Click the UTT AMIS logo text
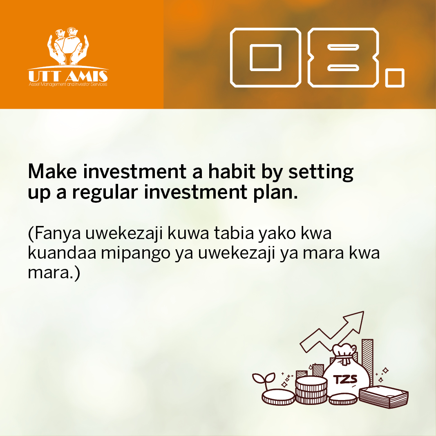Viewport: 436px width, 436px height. click(x=68, y=76)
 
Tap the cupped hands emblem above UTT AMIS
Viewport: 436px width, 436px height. click(x=67, y=46)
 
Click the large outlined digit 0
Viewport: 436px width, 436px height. click(x=265, y=57)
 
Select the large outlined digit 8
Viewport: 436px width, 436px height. click(x=343, y=57)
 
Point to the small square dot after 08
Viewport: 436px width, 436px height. click(x=394, y=78)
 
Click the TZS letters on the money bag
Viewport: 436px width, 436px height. click(x=345, y=379)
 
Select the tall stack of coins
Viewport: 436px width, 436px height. click(x=311, y=390)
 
